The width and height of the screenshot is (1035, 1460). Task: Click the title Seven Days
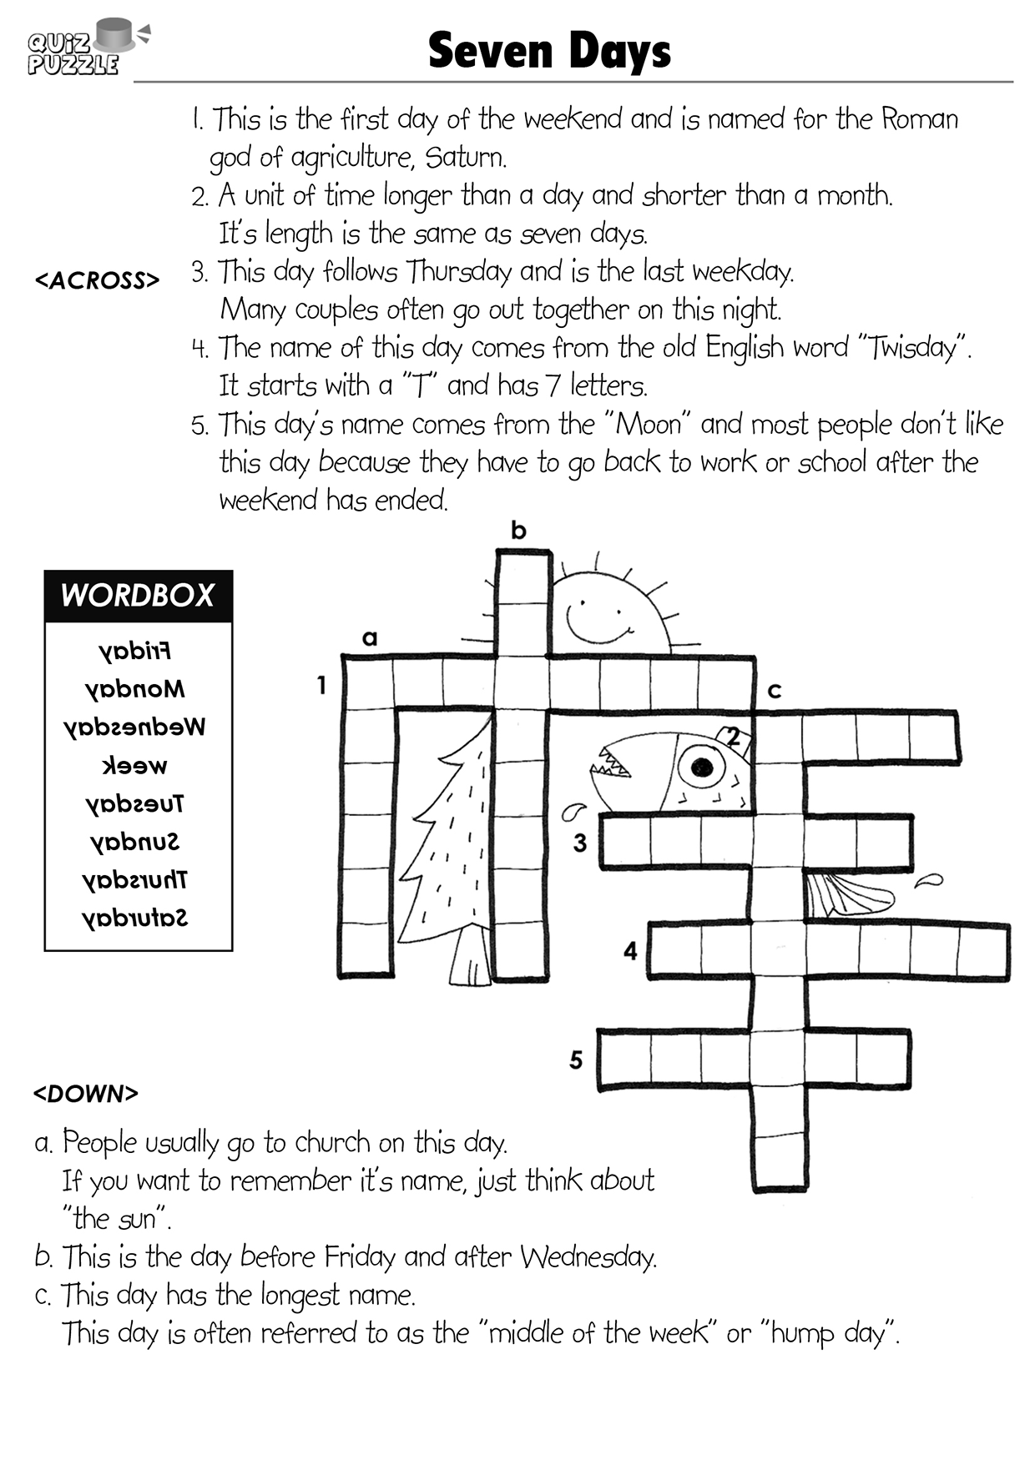549,51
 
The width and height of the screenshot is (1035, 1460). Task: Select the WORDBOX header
138,595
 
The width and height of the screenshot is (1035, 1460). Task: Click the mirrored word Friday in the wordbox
134,651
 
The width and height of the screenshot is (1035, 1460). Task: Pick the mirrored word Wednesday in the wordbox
134,727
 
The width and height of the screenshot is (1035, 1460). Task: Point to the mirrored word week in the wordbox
134,765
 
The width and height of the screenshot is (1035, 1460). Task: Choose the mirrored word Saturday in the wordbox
134,918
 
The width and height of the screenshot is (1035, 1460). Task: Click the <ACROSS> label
97,280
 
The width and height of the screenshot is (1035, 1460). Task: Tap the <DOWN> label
85,1093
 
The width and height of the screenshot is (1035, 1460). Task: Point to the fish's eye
701,766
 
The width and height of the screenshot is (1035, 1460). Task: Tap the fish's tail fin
847,894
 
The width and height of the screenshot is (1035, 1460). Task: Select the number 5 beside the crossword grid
576,1060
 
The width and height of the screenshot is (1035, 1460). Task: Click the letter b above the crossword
519,530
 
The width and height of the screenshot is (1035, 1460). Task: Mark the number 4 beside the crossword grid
630,950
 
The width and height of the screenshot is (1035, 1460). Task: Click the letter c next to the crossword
775,691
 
